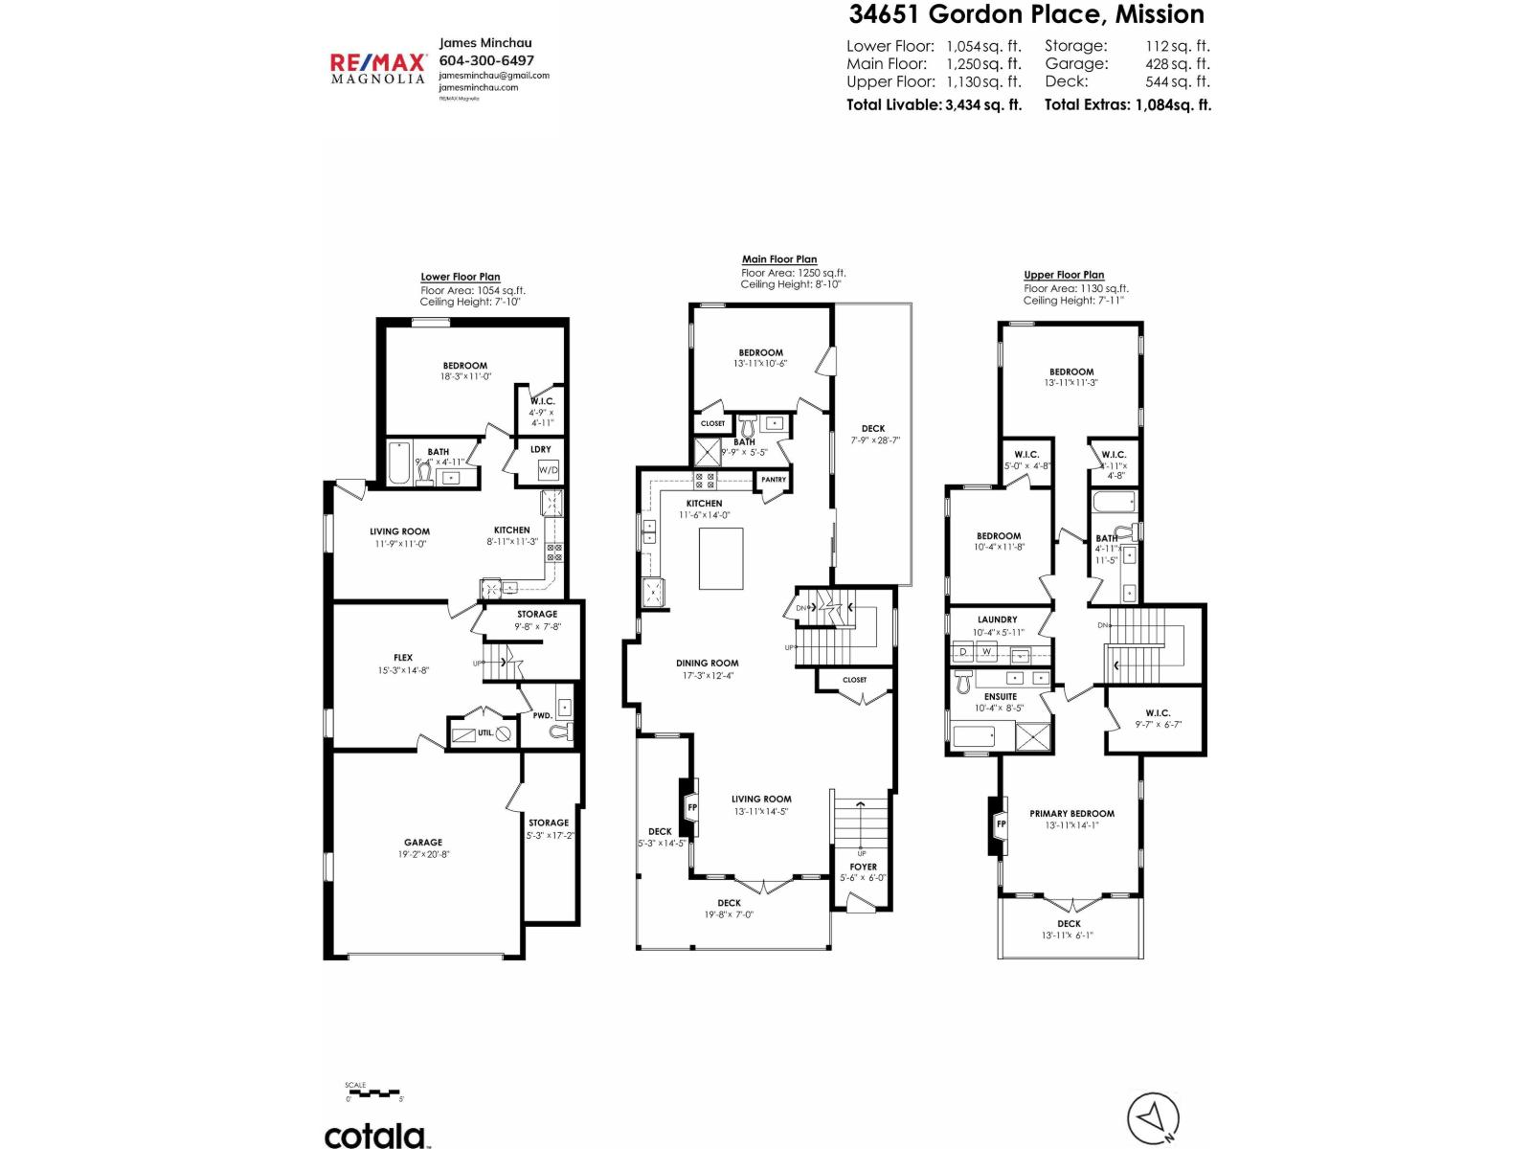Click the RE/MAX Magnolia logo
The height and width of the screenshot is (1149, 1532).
(x=377, y=68)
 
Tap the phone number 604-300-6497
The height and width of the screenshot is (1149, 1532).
(x=486, y=59)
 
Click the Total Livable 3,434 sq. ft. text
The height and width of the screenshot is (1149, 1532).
(x=934, y=104)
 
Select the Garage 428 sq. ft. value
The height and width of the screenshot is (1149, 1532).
(x=1177, y=63)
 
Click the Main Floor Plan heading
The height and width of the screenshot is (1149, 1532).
(x=779, y=259)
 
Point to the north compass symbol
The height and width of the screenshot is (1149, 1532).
(x=1153, y=1117)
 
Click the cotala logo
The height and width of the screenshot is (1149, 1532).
(x=374, y=1136)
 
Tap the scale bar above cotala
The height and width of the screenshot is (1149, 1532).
(x=373, y=1093)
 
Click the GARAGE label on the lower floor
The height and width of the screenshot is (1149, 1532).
(x=423, y=843)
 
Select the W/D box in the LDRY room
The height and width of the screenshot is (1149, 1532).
(x=548, y=470)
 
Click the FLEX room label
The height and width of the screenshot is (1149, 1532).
(x=403, y=658)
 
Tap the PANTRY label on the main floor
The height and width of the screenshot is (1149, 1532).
(x=774, y=480)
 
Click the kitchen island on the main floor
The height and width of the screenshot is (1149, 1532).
(x=721, y=558)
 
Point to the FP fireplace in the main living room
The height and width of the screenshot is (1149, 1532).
(x=692, y=807)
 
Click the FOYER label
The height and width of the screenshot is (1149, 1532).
(x=863, y=867)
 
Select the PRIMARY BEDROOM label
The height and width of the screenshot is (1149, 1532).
(x=1071, y=813)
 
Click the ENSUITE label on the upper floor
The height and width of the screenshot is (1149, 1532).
(x=1001, y=696)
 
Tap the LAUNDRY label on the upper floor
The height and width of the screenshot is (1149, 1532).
(x=998, y=620)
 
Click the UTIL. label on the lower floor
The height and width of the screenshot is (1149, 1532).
(x=485, y=732)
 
